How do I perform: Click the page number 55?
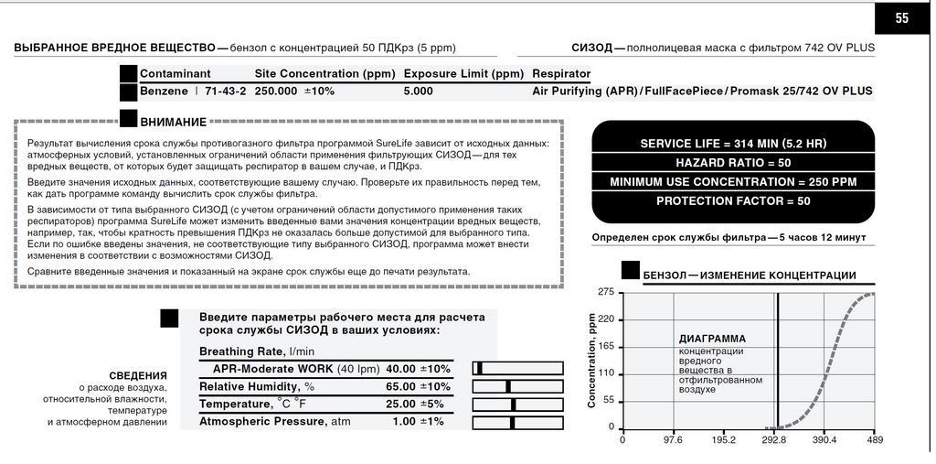(x=901, y=18)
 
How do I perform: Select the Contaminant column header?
(x=175, y=73)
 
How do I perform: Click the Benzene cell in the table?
(x=164, y=92)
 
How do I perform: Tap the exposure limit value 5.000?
(x=419, y=92)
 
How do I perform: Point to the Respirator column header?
(x=561, y=73)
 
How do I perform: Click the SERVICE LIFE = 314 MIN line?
(x=733, y=144)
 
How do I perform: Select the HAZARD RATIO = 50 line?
(x=733, y=163)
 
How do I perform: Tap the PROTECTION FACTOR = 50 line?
(x=733, y=200)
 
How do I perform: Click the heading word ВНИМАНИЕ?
(x=173, y=123)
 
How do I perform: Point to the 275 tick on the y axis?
(x=605, y=292)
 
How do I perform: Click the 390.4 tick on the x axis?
(x=824, y=439)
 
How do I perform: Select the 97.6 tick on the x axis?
(x=673, y=439)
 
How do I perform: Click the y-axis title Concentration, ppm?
(x=591, y=360)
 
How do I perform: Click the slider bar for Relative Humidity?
(x=517, y=386)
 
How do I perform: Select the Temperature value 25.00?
(x=400, y=404)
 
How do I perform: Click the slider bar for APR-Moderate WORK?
(x=517, y=369)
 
